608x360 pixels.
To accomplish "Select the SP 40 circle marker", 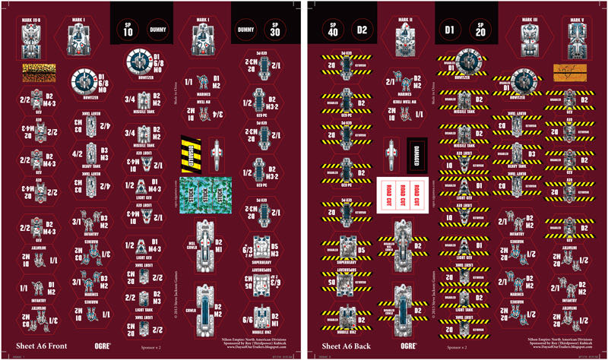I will pyautogui.click(x=334, y=29).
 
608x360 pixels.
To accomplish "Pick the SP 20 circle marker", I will pyautogui.click(x=481, y=29).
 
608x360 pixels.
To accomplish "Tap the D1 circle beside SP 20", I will pyautogui.click(x=451, y=29).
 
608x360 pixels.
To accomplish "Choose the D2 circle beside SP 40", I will pyautogui.click(x=364, y=29).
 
